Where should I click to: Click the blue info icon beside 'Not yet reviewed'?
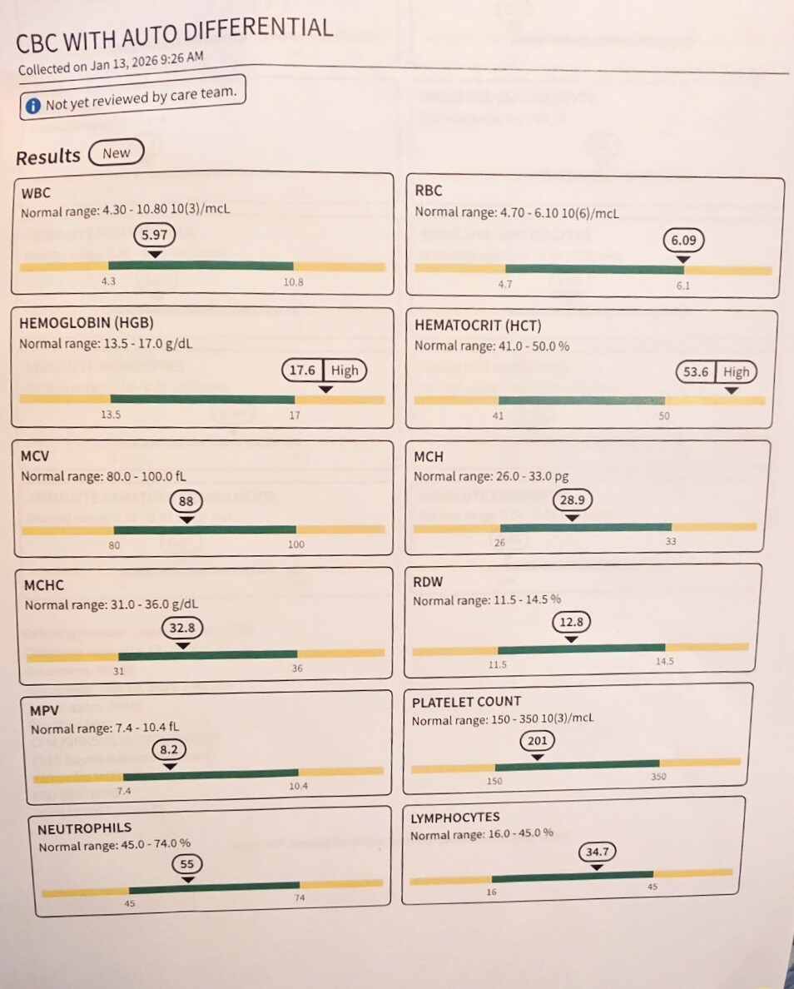click(32, 106)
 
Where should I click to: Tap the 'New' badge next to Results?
click(117, 152)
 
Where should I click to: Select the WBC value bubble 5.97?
click(155, 236)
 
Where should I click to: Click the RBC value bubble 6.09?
click(683, 241)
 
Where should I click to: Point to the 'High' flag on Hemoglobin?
click(345, 370)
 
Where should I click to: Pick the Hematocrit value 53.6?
click(696, 372)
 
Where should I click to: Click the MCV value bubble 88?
click(186, 501)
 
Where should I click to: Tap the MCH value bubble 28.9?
click(572, 500)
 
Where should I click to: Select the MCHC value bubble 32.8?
click(182, 628)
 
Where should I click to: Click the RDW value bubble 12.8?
click(572, 623)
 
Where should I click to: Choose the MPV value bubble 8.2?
click(169, 750)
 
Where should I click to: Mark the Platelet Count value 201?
click(538, 740)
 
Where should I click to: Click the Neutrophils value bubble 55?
click(187, 864)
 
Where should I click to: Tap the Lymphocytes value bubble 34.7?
click(598, 852)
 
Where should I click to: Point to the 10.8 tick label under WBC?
click(293, 282)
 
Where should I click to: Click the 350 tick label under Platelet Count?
click(658, 777)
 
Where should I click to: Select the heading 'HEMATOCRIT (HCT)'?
click(478, 326)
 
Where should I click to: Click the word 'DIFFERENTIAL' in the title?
click(259, 30)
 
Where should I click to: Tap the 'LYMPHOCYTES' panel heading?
click(455, 818)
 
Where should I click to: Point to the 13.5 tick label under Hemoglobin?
click(111, 415)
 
